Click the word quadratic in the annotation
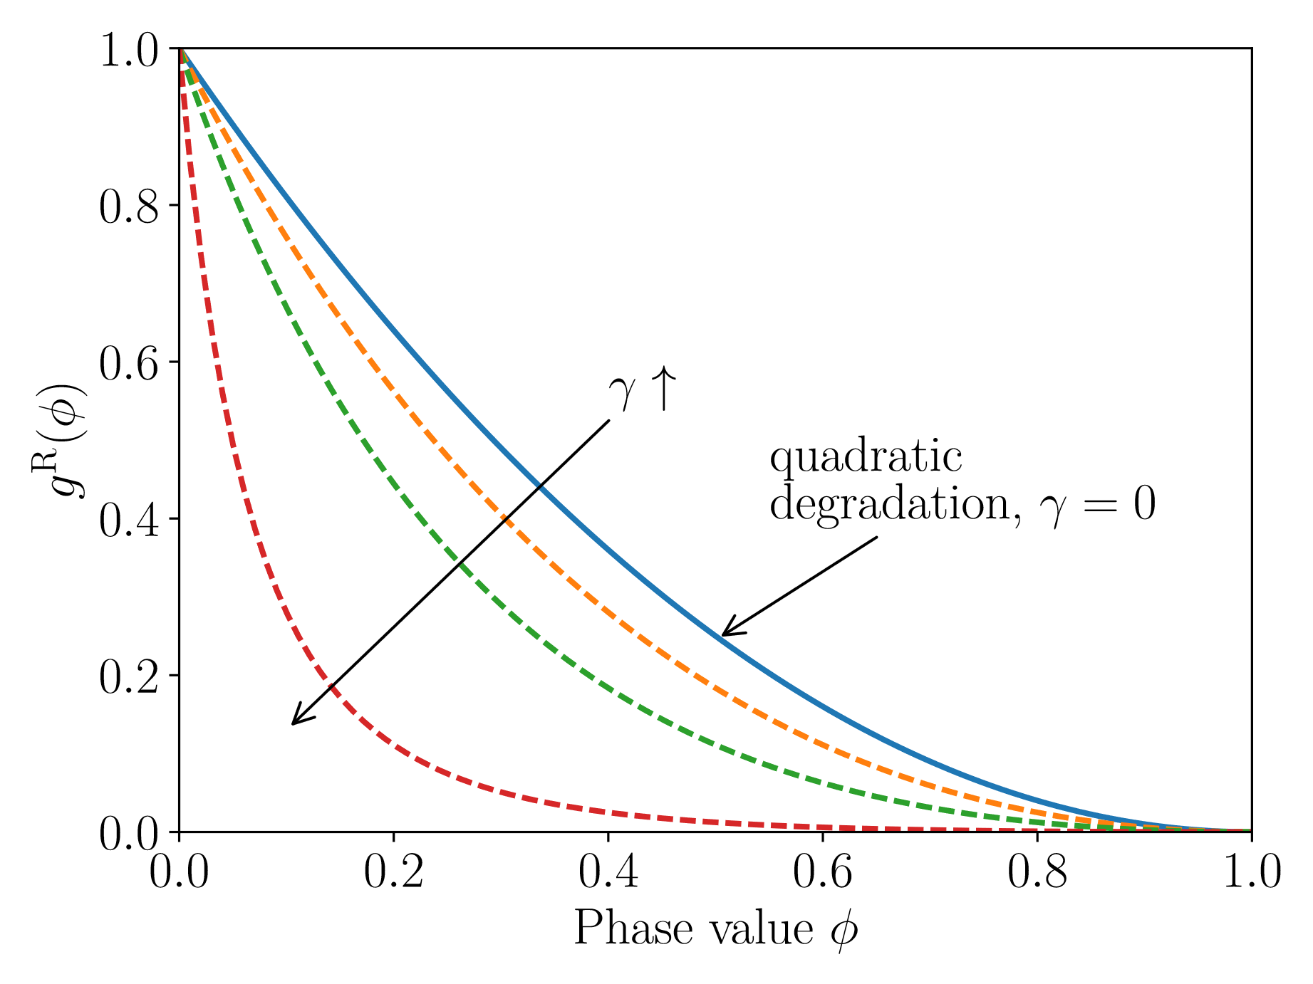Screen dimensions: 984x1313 point(866,458)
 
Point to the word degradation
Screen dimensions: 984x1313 point(891,504)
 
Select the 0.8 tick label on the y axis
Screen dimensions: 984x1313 point(128,207)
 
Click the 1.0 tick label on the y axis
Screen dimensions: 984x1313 point(128,51)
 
